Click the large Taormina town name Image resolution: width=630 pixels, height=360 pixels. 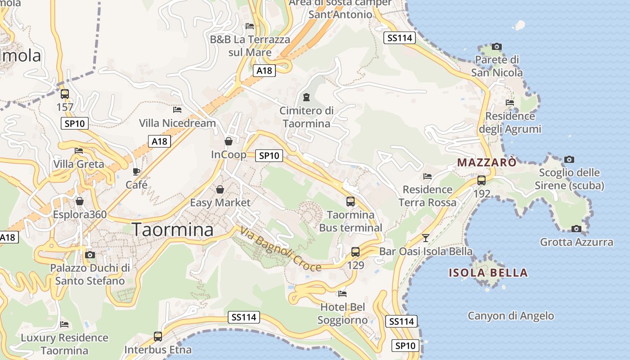[x=173, y=229]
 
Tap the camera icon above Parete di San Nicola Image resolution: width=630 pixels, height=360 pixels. [x=497, y=46]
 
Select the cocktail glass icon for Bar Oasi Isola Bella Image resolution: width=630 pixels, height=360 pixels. [x=426, y=238]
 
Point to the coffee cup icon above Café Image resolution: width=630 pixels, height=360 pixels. [x=136, y=171]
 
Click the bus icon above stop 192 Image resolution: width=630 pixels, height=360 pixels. [x=481, y=180]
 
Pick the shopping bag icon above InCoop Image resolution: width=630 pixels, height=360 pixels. [x=229, y=141]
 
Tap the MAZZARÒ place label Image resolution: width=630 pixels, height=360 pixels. [x=486, y=162]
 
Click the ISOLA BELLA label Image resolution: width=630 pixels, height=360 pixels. [x=488, y=273]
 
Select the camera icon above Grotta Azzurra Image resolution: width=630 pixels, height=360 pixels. [x=576, y=229]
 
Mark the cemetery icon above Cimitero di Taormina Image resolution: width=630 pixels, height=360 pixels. [x=306, y=97]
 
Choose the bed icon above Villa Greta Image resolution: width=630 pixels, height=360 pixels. [x=79, y=151]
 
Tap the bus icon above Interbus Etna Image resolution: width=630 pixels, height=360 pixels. [x=158, y=336]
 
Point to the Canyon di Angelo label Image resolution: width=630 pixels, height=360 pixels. [x=511, y=316]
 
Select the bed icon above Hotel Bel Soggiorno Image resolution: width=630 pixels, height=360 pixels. [x=342, y=294]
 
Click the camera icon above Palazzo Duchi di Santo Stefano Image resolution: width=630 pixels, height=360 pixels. [x=90, y=255]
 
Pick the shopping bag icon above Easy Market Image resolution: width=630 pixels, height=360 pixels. [x=220, y=189]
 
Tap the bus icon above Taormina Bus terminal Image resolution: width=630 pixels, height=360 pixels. [x=351, y=201]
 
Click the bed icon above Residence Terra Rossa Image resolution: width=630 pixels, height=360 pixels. [x=427, y=176]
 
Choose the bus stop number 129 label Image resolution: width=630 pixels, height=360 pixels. [x=355, y=265]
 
